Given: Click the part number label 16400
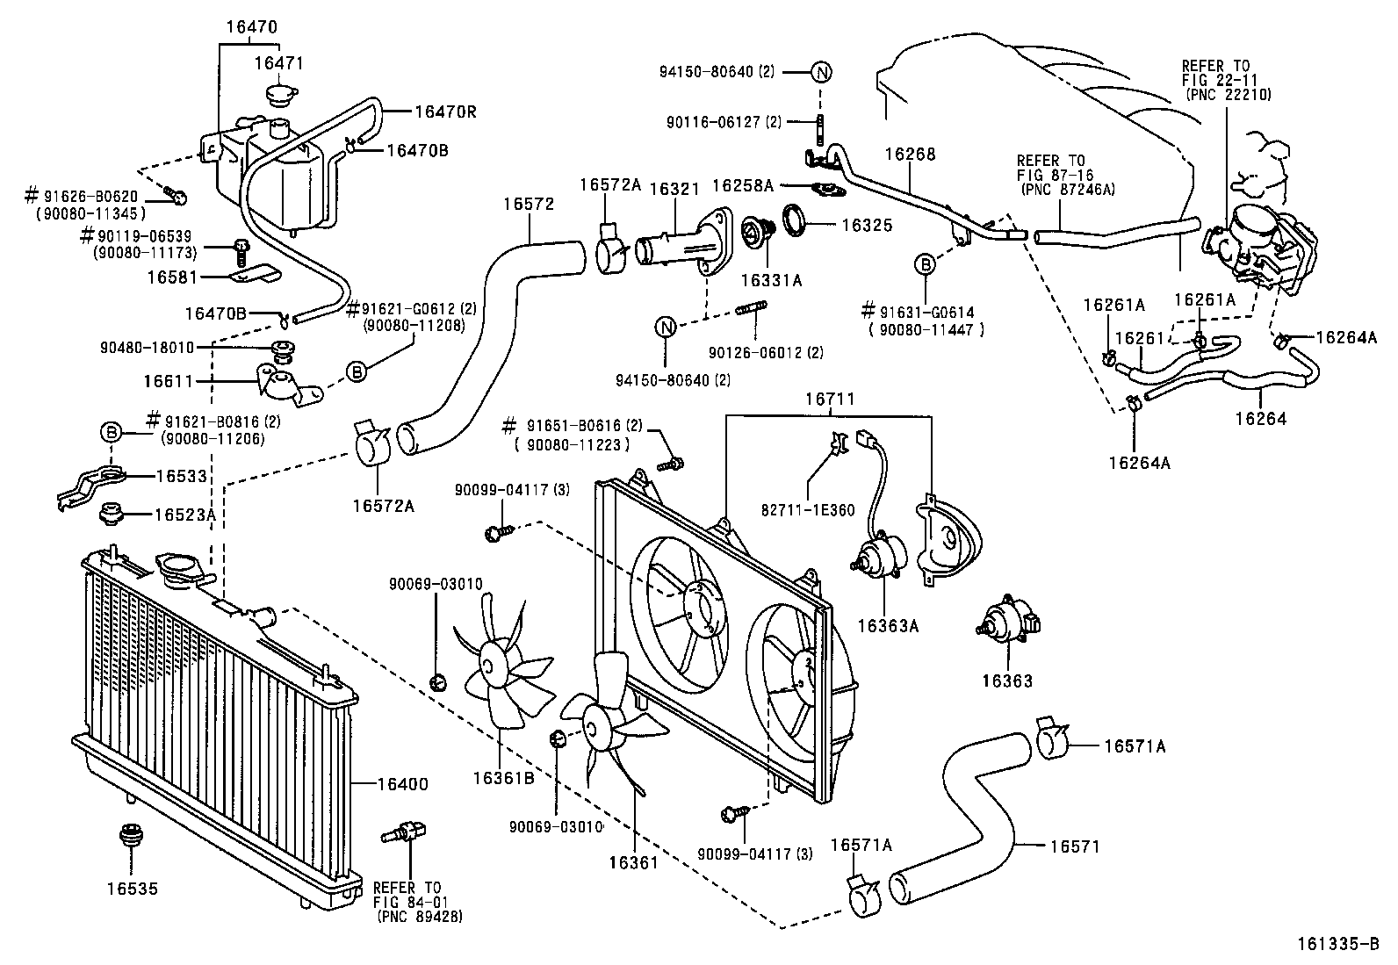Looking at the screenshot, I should coord(403,783).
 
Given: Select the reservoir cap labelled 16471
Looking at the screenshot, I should coord(281,94).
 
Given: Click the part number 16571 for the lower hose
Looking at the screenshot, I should coord(1074,846).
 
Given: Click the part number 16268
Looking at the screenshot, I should coord(911,155).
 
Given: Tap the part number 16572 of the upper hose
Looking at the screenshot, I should coord(529,205).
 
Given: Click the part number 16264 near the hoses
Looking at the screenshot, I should coord(1260,419).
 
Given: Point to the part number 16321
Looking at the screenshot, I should coord(673,189).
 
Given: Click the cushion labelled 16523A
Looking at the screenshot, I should coord(112,513).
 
